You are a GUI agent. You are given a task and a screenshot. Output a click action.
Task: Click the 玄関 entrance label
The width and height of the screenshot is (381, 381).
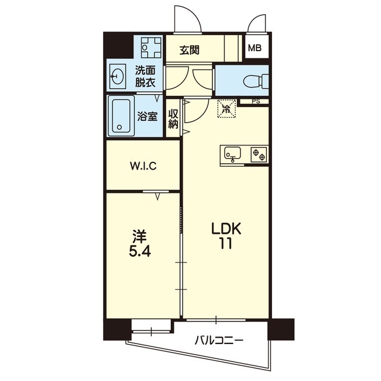(189, 50)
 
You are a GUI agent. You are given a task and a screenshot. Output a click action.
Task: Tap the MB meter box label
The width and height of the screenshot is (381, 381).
(255, 48)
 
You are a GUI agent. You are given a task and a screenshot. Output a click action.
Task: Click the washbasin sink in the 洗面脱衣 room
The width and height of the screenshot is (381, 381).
(118, 76)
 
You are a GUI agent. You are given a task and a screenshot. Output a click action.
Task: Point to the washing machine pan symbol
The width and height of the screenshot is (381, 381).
(151, 48)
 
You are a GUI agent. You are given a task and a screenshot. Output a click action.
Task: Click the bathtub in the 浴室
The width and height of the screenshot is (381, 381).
(121, 116)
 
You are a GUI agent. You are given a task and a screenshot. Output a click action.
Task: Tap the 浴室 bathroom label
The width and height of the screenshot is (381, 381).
(148, 116)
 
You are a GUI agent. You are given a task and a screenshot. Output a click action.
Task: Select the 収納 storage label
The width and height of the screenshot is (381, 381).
(173, 119)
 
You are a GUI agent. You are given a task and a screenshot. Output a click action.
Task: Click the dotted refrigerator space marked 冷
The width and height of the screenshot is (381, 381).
(227, 108)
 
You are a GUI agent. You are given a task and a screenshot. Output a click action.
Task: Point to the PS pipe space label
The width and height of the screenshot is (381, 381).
(256, 102)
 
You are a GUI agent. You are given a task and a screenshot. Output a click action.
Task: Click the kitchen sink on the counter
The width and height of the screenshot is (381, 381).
(233, 155)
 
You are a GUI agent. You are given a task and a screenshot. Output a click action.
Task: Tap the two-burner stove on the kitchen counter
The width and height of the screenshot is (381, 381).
(259, 155)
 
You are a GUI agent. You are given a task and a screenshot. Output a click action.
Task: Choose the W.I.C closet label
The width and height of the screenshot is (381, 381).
(143, 166)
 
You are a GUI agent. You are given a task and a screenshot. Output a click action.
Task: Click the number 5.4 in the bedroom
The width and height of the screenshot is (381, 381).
(140, 251)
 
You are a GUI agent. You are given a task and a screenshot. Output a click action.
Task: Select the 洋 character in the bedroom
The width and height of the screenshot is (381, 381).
(139, 237)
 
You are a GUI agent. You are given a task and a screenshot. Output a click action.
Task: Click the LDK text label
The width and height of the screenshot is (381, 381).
(226, 229)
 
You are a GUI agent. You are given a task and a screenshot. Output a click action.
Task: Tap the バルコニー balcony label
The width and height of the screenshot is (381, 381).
(219, 341)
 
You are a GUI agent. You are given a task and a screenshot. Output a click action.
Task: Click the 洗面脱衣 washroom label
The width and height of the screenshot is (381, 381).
(145, 77)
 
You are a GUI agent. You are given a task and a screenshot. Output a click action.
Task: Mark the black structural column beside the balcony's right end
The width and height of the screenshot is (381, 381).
(281, 329)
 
